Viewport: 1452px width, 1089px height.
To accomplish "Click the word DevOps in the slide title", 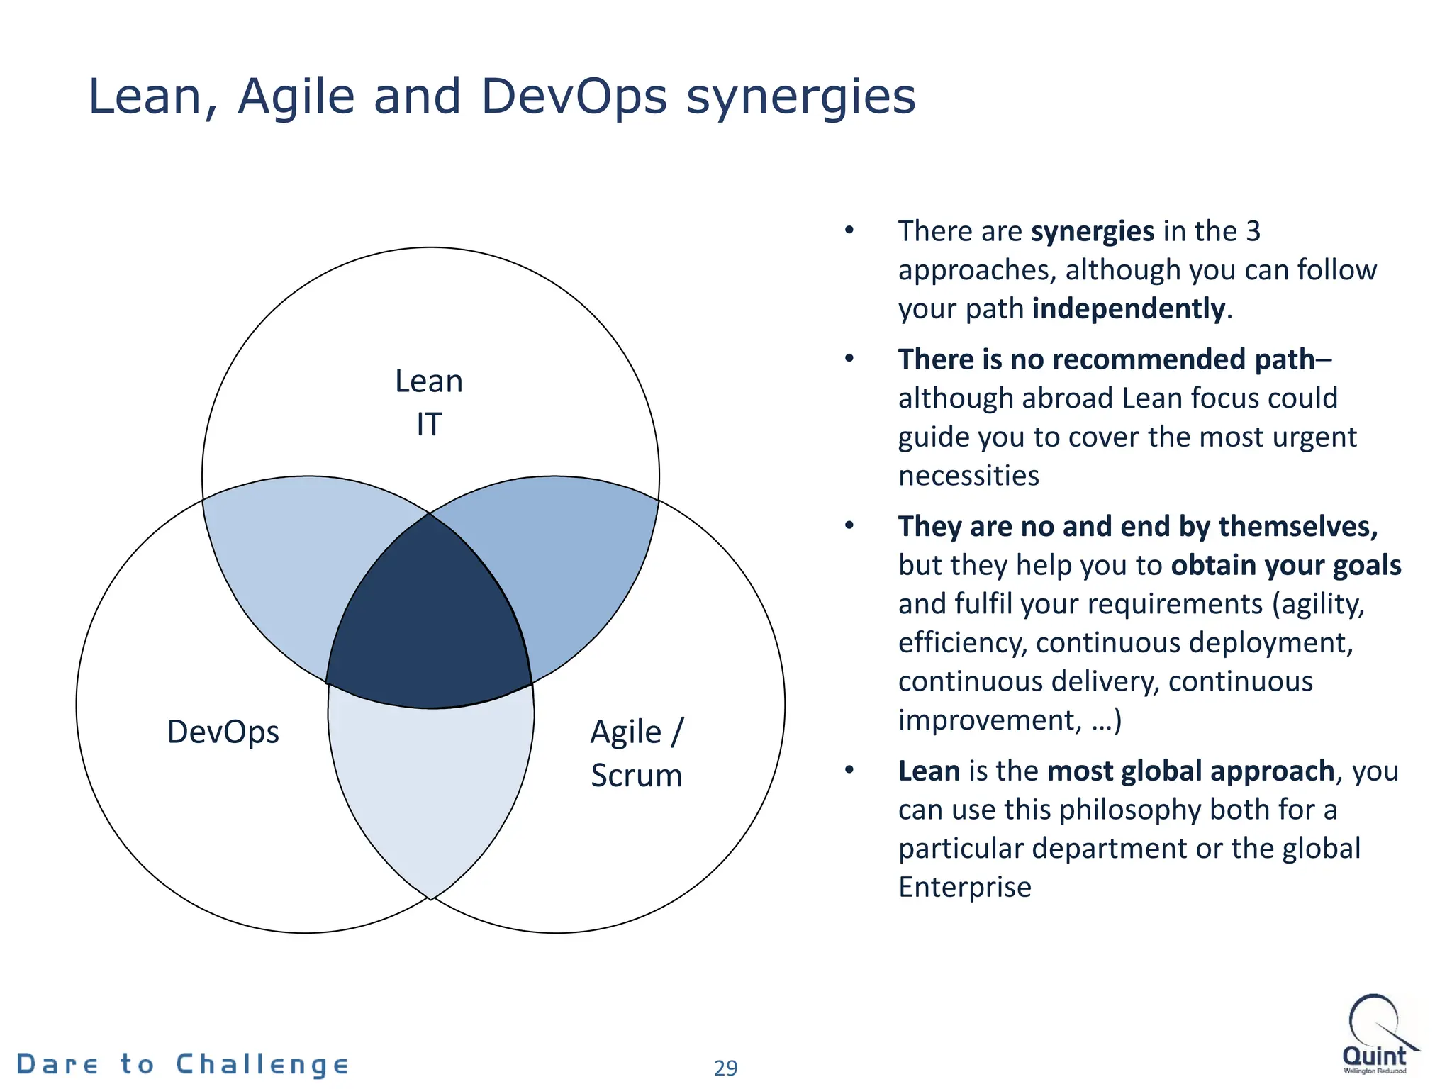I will pos(574,97).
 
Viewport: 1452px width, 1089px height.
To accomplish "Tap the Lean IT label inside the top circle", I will pos(429,402).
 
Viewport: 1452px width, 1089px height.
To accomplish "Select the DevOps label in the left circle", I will pos(223,732).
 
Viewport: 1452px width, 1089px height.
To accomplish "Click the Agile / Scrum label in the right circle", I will pos(636,753).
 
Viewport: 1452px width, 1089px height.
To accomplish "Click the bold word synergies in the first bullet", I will pos(1093,232).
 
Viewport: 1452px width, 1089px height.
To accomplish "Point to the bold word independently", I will pos(1129,309).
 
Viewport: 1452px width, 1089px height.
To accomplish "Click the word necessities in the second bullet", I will pos(968,476).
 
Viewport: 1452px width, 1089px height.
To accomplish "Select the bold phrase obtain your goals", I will pos(1285,566).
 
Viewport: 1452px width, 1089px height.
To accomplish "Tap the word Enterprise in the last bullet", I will pos(964,888).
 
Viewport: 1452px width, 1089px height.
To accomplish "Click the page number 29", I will pos(725,1068).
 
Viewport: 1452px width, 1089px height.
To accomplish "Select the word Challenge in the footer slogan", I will pos(262,1065).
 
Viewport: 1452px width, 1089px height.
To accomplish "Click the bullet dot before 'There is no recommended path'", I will pos(849,359).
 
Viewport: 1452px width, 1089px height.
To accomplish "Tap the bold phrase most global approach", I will pos(1190,771).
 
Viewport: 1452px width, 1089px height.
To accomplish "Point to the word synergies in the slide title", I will pos(800,97).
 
